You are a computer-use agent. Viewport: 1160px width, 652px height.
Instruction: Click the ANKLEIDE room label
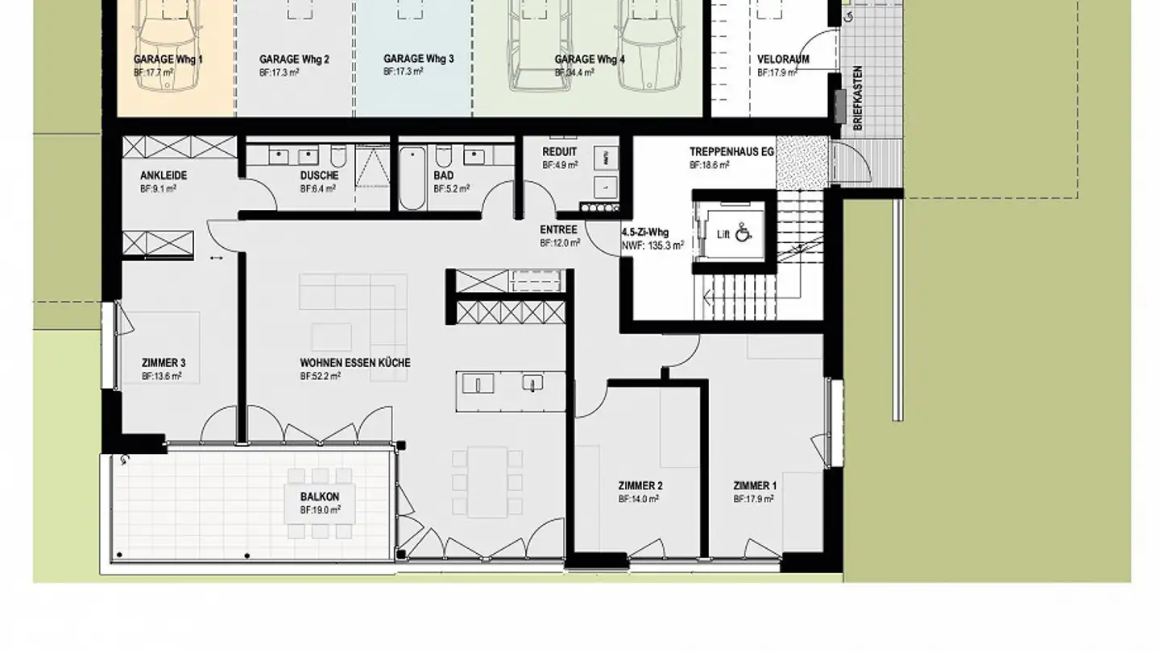coord(164,175)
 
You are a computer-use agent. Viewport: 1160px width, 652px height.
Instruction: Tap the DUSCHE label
coord(319,175)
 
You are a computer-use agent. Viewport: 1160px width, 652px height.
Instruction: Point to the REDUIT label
coord(559,152)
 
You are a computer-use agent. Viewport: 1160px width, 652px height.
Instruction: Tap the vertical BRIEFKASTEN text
coord(858,98)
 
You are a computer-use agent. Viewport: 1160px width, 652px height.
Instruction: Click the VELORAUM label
coord(783,60)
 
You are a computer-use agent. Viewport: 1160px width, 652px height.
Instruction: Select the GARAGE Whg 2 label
coord(294,60)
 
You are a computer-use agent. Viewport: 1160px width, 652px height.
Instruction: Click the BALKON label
coord(320,497)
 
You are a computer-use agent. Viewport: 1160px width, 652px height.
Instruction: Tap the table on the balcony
coord(321,504)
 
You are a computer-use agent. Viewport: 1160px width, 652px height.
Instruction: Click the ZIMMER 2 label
coord(640,486)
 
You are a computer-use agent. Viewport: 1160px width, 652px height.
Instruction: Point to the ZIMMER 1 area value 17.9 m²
coord(754,499)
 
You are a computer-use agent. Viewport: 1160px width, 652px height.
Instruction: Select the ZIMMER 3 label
coord(164,363)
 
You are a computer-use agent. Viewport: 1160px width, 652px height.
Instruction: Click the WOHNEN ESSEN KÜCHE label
coord(355,363)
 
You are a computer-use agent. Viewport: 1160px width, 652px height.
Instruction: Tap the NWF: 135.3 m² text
coord(652,246)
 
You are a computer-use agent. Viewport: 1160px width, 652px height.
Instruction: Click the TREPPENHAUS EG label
coord(726,152)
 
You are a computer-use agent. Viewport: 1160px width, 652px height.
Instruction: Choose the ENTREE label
coord(558,230)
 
